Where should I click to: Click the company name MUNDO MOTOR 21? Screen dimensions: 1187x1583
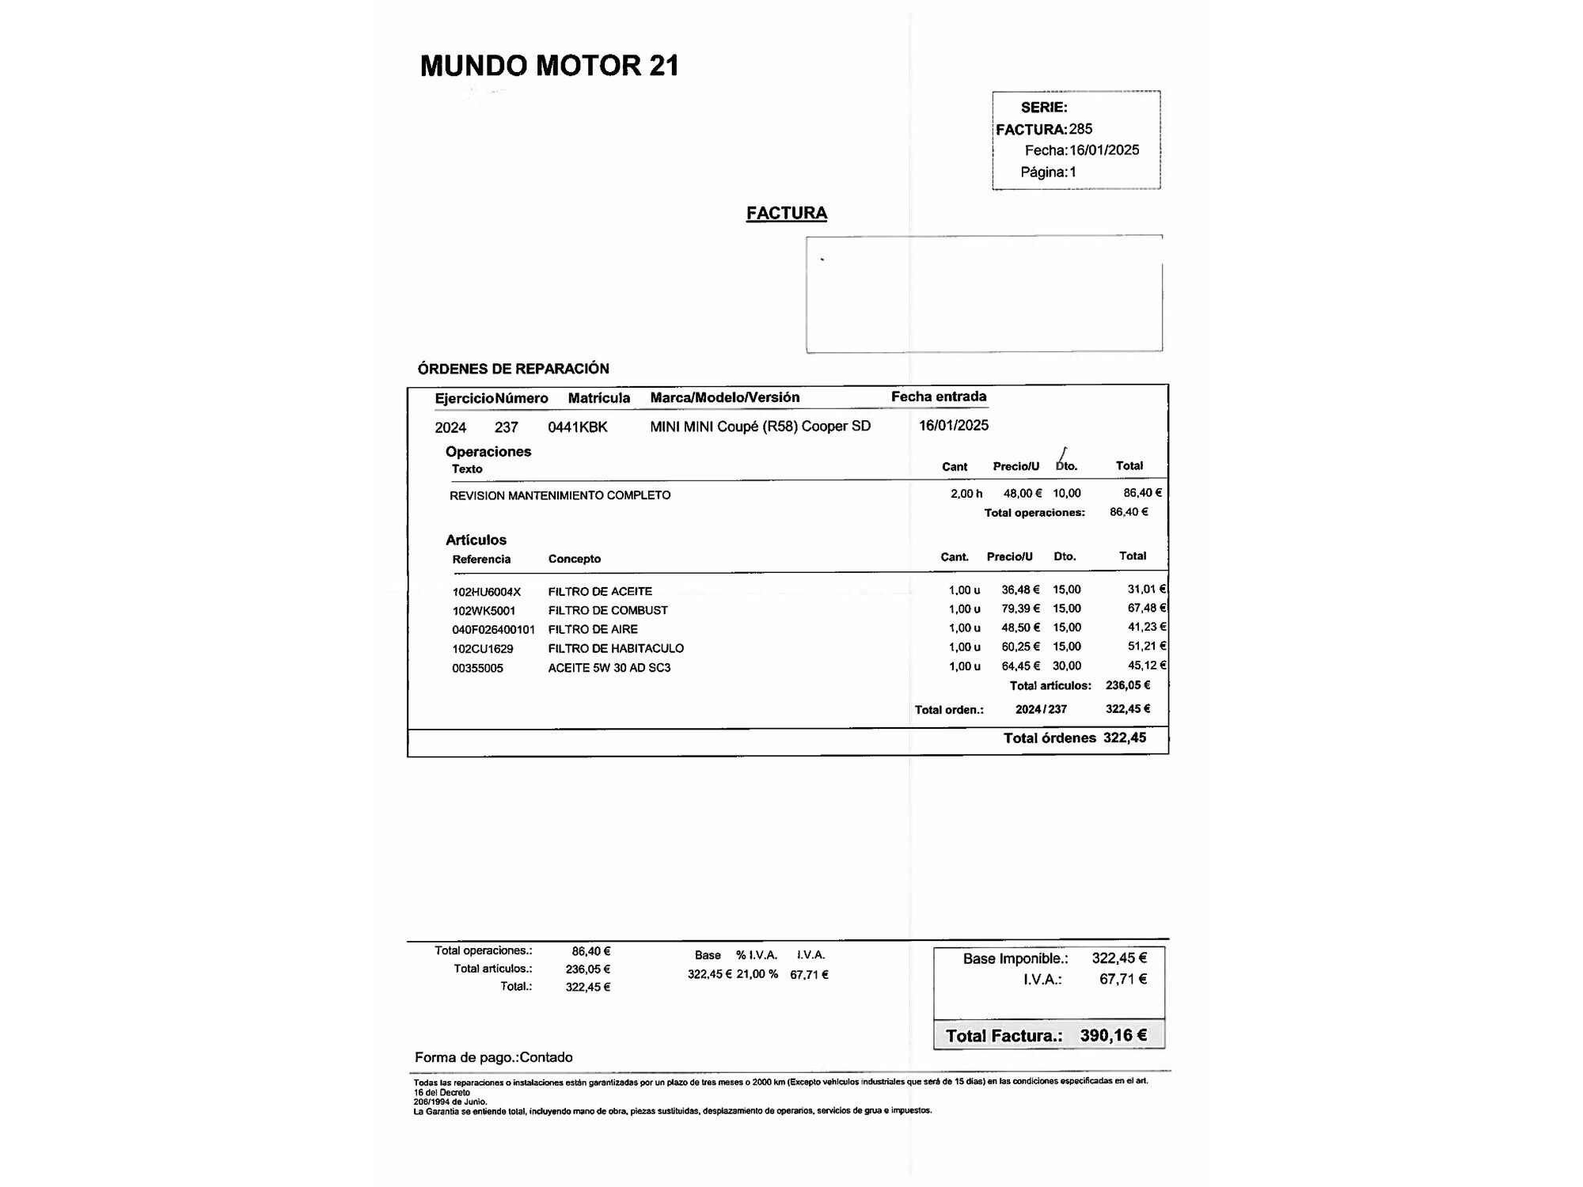(x=549, y=66)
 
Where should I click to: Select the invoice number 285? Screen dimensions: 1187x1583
(x=1080, y=129)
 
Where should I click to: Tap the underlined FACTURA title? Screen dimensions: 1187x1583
(x=786, y=213)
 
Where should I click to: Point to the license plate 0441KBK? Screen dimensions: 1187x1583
(x=578, y=427)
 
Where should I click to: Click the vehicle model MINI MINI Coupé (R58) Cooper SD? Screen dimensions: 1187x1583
(x=760, y=427)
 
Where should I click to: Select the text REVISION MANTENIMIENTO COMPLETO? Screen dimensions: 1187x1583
(x=560, y=495)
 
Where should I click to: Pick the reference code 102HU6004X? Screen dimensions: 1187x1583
(x=487, y=592)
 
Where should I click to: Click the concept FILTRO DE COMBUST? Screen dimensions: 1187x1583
(x=608, y=611)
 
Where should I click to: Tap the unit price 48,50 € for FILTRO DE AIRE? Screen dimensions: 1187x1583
(x=1020, y=628)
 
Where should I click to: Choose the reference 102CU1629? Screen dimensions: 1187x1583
(x=483, y=649)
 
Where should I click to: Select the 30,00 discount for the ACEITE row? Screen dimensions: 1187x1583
(x=1067, y=666)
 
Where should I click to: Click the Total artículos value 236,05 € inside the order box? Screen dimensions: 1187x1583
(x=1128, y=685)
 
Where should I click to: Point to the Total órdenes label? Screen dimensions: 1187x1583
(x=1050, y=738)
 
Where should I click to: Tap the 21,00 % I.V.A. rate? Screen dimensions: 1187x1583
(x=757, y=974)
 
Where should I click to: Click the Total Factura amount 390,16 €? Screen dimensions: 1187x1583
(x=1113, y=1035)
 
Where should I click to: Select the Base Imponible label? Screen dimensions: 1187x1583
(x=1015, y=959)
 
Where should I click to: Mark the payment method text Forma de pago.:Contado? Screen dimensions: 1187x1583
(x=493, y=1057)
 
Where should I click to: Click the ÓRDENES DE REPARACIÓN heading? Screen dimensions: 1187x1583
(x=513, y=369)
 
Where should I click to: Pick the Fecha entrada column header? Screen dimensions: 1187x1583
(x=939, y=396)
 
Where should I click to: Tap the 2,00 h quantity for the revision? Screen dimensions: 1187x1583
(x=966, y=494)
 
